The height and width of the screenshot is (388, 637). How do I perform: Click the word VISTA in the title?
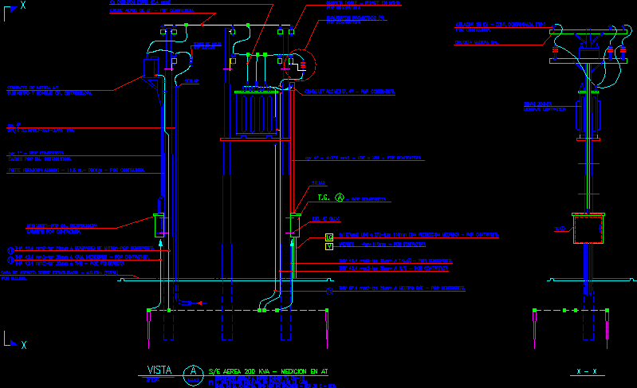click(159, 370)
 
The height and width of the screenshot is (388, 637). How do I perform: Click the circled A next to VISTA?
click(193, 371)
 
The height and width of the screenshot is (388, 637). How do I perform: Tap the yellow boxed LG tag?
click(329, 237)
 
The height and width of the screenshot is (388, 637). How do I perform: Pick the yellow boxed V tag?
click(329, 246)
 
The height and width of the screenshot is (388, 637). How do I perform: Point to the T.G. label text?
click(324, 198)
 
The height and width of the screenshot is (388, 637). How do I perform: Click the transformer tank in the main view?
click(256, 112)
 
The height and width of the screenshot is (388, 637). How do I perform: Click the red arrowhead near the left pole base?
click(200, 303)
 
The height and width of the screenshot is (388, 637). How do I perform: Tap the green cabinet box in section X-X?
click(589, 228)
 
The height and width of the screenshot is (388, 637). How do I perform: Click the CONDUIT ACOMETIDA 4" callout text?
click(350, 91)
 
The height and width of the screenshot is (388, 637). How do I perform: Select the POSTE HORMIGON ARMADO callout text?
click(75, 170)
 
